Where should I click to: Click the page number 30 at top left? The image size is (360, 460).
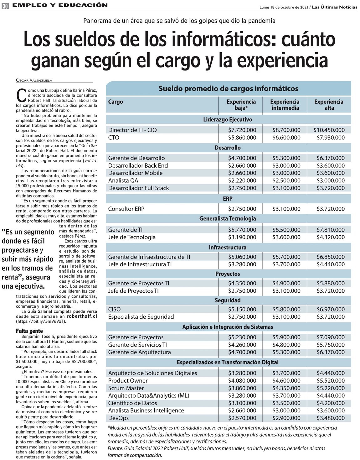coord(5,6)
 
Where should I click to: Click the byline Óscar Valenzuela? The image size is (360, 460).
coord(34,80)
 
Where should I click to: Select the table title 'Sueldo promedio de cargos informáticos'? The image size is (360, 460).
coord(228,89)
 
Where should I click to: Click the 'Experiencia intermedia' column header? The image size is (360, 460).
coord(285,105)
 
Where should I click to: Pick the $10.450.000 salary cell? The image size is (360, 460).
coord(329,130)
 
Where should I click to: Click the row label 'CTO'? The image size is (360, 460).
coord(114,138)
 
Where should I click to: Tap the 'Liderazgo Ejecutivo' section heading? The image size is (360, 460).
coord(228,120)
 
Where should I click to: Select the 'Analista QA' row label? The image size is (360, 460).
coord(123,180)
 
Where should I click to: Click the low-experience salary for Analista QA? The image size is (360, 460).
coord(242,180)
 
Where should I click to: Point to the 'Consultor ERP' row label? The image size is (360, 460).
coord(126,209)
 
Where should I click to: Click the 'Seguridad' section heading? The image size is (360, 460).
coord(228,301)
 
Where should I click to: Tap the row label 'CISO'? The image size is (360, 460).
coord(114,309)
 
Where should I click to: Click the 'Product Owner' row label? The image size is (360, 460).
coord(128,381)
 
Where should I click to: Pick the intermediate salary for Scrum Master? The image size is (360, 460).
coord(286,388)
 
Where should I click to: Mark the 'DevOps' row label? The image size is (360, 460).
coord(118,418)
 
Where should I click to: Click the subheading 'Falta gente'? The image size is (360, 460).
coord(29,331)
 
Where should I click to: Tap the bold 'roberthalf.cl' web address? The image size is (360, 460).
coord(82,316)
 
